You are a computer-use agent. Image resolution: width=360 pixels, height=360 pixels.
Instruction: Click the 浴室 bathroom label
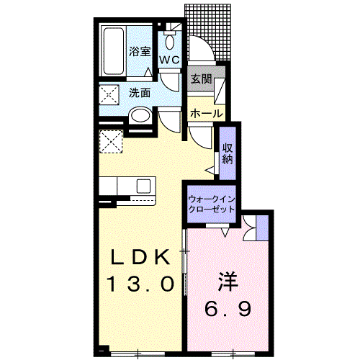tap(140, 52)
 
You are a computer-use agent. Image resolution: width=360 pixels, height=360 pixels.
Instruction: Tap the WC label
tap(170, 60)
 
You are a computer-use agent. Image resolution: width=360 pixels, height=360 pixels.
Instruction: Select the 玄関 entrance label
tap(202, 79)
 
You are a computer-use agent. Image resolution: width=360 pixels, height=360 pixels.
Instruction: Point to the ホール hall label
tap(207, 113)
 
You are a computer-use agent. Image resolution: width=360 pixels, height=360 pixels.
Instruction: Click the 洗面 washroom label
tap(140, 93)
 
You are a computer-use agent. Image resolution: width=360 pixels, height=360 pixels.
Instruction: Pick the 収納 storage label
tap(228, 154)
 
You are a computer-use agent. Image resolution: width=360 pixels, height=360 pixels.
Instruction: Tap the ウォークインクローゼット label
tap(212, 204)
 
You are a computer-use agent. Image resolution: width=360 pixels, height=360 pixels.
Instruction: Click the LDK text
tap(140, 257)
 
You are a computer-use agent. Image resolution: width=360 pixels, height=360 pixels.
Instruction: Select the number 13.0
tap(141, 284)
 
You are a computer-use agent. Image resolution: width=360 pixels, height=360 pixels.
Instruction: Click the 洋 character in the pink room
tap(228, 282)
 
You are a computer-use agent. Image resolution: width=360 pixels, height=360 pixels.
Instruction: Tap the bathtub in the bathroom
tap(113, 51)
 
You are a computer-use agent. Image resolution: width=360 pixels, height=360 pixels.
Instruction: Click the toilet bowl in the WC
tap(170, 41)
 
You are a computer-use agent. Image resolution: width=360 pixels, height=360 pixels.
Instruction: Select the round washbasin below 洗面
tap(140, 117)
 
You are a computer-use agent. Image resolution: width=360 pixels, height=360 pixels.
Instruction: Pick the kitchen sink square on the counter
tap(143, 186)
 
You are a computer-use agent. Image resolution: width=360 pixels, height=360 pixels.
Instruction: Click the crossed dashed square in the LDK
tap(111, 142)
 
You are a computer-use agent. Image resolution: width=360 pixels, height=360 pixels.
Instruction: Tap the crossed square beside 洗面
tap(109, 94)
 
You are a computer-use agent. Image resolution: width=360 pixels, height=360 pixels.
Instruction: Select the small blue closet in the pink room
tap(262, 228)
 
